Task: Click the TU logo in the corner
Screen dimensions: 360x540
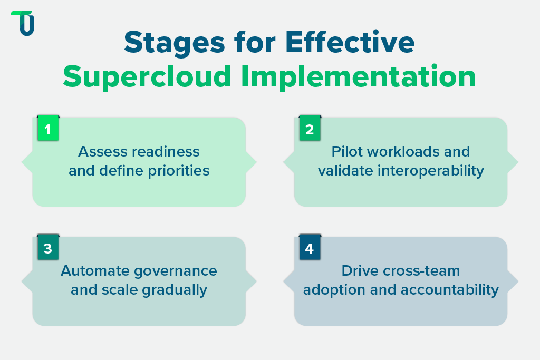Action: coord(22,23)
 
